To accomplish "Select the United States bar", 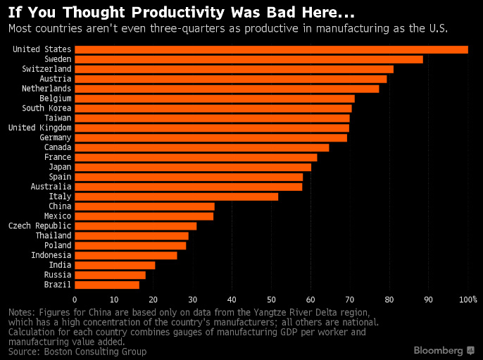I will pyautogui.click(x=271, y=49).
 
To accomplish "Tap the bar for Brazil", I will pyautogui.click(x=106, y=285).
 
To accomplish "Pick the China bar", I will pyautogui.click(x=144, y=206).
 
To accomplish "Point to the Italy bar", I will pyautogui.click(x=176, y=197).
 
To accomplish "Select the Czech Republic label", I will pyautogui.click(x=39, y=226).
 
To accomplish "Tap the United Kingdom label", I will pyautogui.click(x=39, y=128).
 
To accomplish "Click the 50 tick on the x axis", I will pyautogui.click(x=271, y=299).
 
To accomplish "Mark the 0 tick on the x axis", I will pyautogui.click(x=75, y=299).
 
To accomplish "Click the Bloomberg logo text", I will pyautogui.click(x=438, y=350).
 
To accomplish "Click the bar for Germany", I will pyautogui.click(x=211, y=137).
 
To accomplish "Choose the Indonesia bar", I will pyautogui.click(x=125, y=255).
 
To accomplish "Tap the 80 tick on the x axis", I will pyautogui.click(x=389, y=299).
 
